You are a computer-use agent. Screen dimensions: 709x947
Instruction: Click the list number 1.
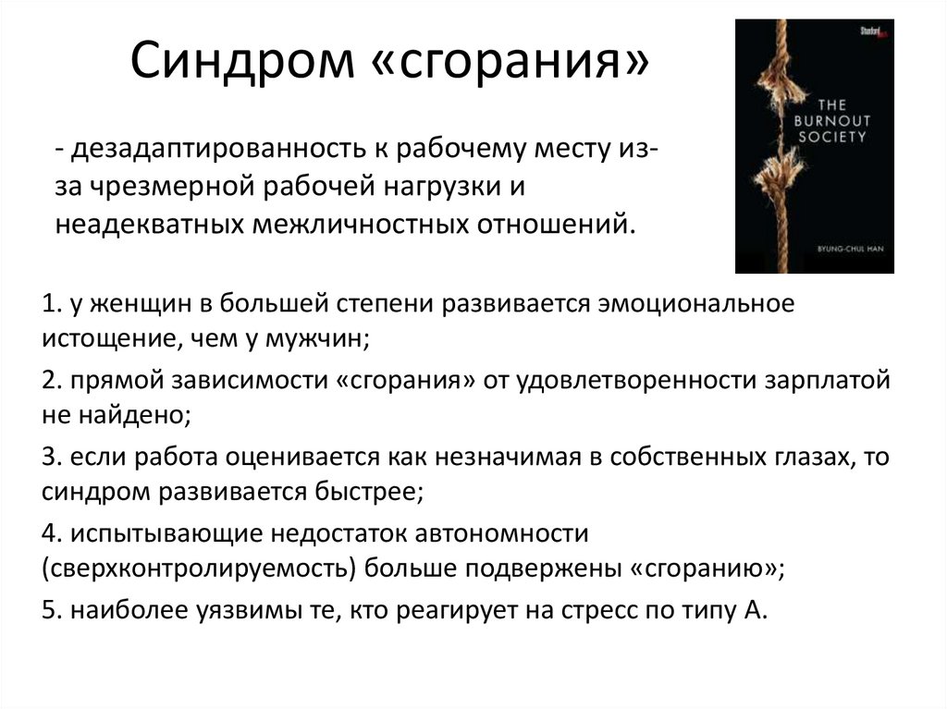(x=50, y=304)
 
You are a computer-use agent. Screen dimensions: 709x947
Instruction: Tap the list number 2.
(x=50, y=380)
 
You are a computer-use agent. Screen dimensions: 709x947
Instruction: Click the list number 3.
(x=50, y=457)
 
